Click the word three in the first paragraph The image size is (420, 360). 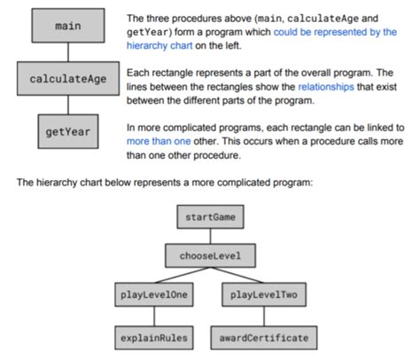159,18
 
